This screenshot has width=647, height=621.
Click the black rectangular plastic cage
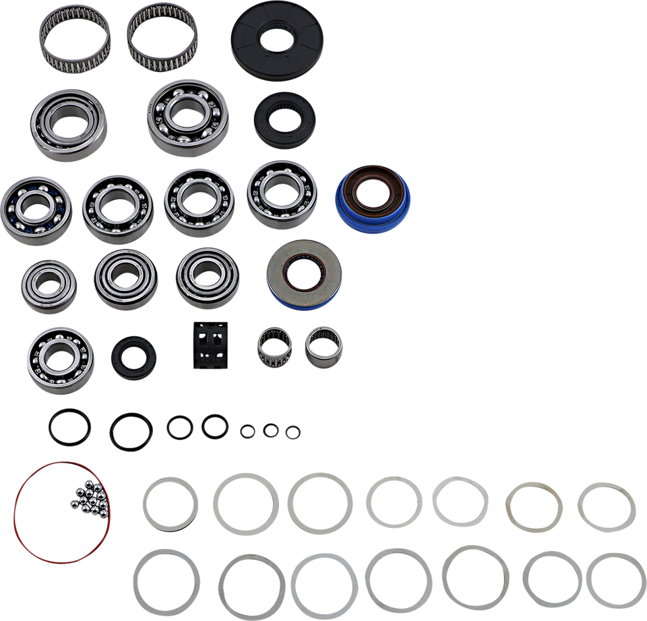tap(210, 345)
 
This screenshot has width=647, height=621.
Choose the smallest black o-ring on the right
tap(292, 432)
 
